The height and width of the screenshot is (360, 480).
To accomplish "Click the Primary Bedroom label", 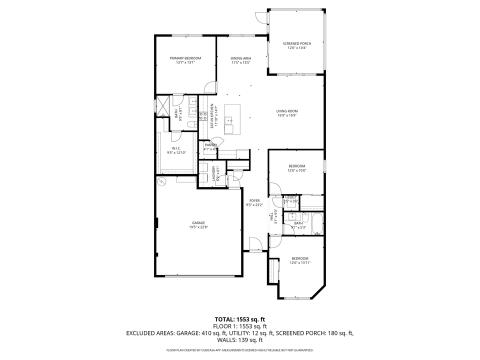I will [x=185, y=58].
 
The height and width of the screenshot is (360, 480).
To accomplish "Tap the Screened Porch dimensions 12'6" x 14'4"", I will [x=296, y=48].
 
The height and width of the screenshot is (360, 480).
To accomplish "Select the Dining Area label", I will [x=240, y=58].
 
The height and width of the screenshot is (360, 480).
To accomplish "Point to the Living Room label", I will [x=287, y=111].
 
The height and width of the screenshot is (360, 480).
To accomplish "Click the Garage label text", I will [x=198, y=223].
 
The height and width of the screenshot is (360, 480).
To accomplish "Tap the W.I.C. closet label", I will [x=176, y=148].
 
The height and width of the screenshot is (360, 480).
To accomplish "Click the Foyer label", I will [x=254, y=200].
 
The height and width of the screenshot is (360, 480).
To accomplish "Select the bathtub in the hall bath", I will [x=317, y=224].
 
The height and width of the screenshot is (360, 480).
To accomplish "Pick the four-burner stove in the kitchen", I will [x=203, y=116].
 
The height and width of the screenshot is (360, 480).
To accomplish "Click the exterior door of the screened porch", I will [x=261, y=16].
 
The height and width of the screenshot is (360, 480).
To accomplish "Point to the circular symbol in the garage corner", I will [x=161, y=181].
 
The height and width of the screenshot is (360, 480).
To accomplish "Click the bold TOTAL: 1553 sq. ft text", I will [x=239, y=318].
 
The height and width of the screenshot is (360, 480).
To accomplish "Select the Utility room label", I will [x=291, y=197].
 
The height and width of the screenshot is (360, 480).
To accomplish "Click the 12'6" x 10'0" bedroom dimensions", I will [x=296, y=170].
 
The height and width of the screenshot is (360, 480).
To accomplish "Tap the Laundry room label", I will [x=213, y=173].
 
